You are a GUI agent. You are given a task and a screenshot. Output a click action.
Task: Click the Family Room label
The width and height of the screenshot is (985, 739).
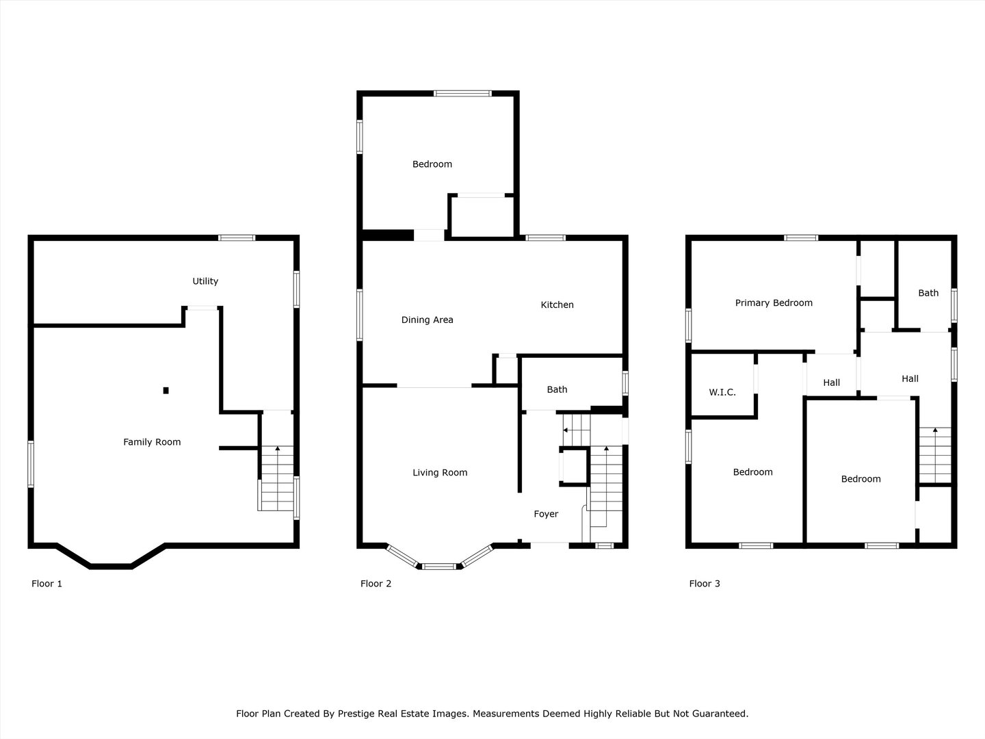tap(152, 442)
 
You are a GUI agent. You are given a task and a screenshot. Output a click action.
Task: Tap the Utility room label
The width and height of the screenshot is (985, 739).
tap(205, 281)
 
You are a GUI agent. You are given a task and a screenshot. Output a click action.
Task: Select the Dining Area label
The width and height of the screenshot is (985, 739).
tap(428, 320)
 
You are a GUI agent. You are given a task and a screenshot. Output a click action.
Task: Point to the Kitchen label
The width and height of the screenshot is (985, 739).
tap(557, 304)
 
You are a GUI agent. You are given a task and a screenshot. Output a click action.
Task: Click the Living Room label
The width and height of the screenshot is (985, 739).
tap(441, 472)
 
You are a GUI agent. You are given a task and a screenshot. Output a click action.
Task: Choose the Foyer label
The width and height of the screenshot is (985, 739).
tap(546, 514)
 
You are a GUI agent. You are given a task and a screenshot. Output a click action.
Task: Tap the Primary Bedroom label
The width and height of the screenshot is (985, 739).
tap(774, 303)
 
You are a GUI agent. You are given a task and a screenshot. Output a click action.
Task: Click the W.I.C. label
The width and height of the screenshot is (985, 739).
tap(722, 392)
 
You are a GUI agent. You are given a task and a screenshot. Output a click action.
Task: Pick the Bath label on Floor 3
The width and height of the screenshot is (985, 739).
tap(928, 293)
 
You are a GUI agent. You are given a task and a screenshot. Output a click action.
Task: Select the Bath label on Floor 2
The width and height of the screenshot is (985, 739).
tap(557, 389)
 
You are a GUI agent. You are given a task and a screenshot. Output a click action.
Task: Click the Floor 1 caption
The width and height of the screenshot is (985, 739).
tap(47, 583)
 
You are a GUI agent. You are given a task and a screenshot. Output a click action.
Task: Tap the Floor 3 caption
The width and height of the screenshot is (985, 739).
tap(705, 583)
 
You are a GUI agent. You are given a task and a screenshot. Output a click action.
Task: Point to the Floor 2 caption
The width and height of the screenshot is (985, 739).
tap(376, 583)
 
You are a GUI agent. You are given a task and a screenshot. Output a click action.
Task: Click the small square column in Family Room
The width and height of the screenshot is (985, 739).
tap(166, 390)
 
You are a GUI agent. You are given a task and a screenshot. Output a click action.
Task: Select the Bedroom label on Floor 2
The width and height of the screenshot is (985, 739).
tap(432, 164)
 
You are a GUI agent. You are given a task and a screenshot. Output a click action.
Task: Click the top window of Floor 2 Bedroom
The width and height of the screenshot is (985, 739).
tap(462, 93)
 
